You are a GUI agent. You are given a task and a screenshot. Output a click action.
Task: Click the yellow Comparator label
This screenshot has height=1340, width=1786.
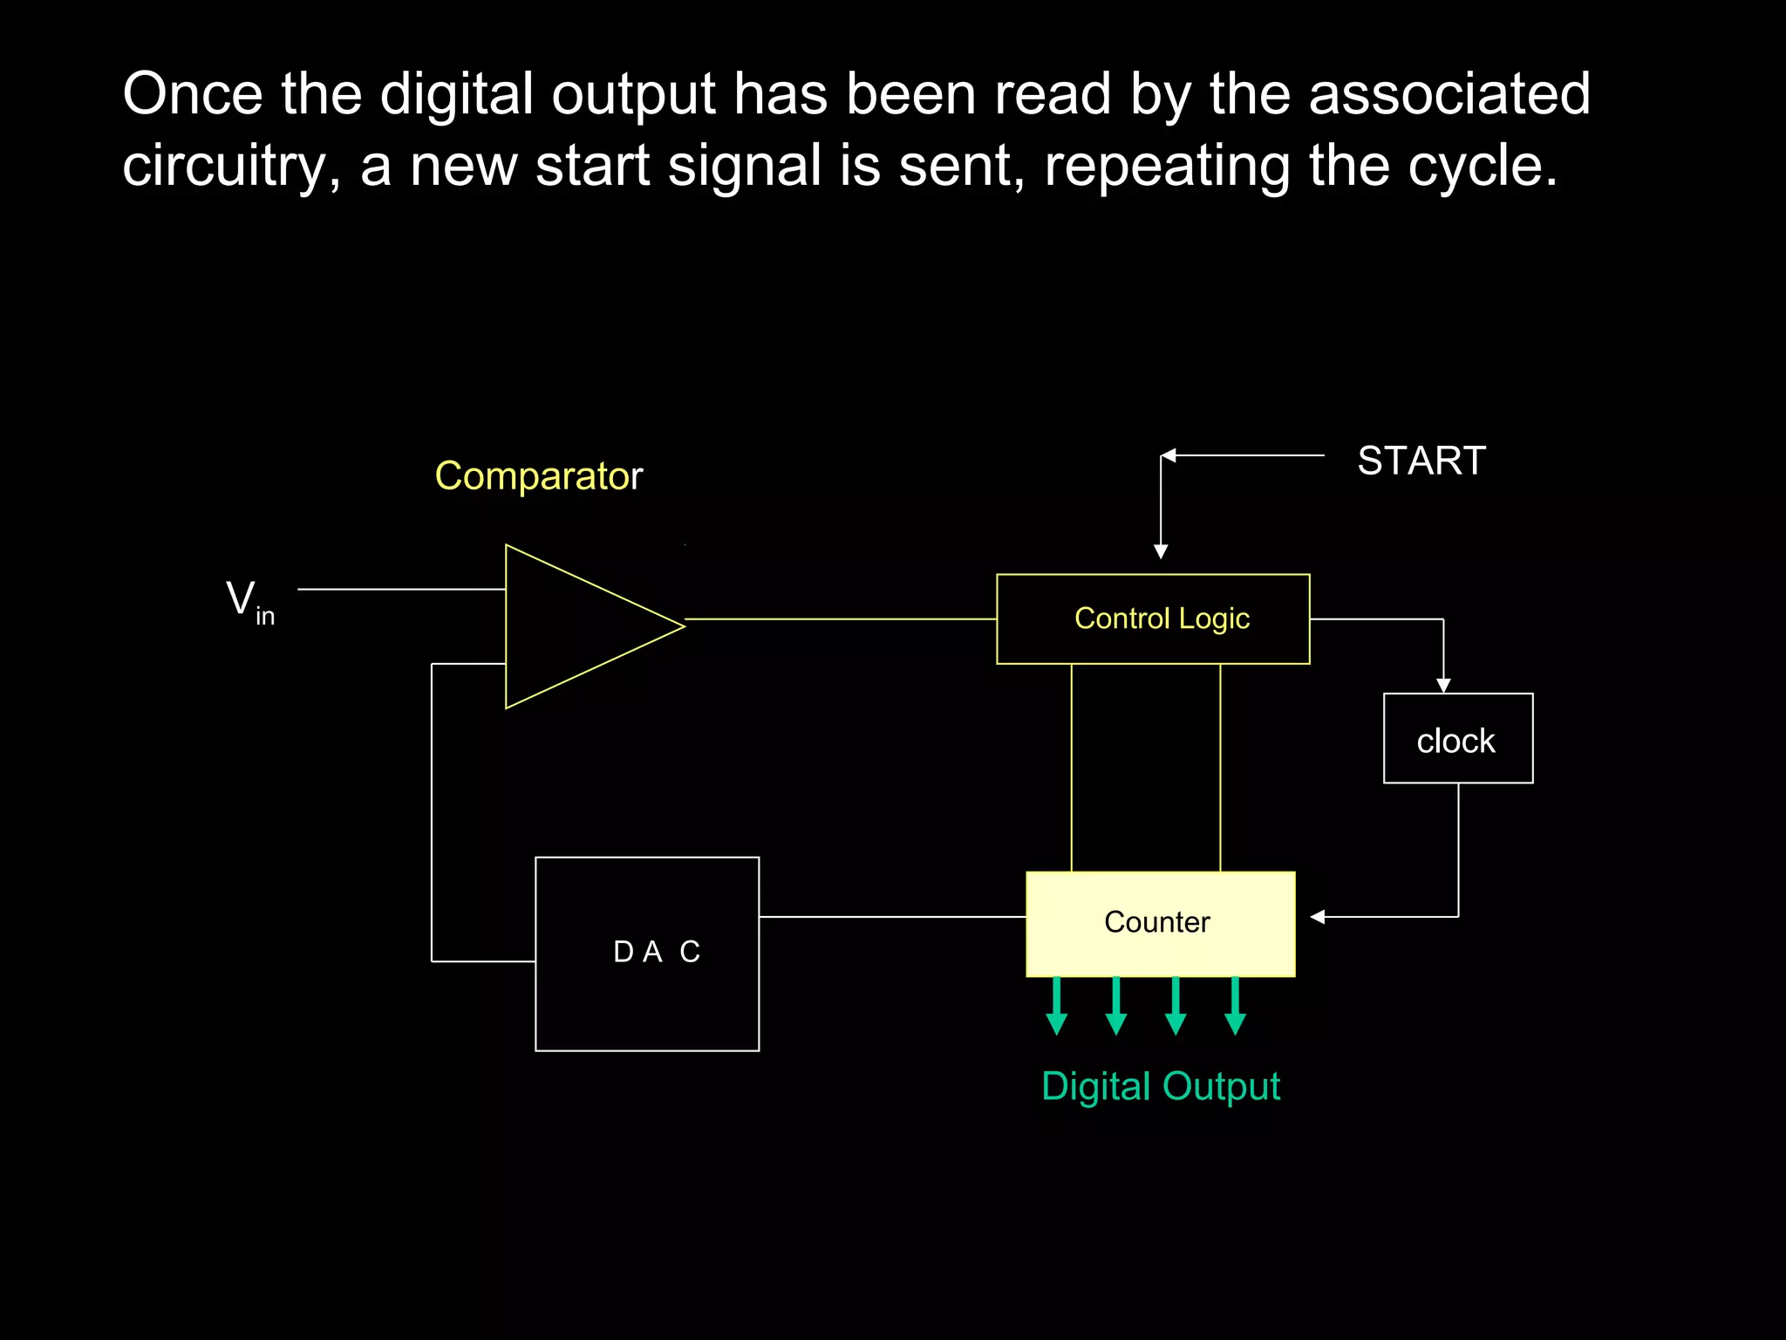pos(538,476)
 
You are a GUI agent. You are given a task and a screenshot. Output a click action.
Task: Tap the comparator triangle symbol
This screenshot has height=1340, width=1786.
pos(576,626)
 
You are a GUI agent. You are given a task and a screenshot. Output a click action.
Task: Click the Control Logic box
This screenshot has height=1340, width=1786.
pos(1153,619)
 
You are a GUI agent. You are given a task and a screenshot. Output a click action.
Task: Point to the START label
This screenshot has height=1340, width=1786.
pos(1421,461)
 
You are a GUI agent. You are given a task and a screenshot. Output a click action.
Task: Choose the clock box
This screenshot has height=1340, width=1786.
pos(1457,739)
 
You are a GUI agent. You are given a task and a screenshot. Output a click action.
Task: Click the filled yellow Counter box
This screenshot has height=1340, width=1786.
pos(1160,923)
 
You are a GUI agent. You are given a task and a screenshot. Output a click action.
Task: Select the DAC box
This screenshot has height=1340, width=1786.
pos(647,954)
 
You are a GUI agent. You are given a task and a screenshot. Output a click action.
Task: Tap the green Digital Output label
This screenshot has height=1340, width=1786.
pos(1160,1087)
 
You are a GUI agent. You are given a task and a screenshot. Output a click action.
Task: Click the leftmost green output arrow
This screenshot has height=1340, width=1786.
pos(1057,1008)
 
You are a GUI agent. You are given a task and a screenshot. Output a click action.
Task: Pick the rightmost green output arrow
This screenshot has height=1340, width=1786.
pos(1235,1008)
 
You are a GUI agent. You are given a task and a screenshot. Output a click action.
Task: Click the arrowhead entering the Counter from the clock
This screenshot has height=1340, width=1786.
pos(1318,917)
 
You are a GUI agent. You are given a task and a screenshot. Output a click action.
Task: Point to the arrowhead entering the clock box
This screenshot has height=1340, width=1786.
pos(1443,686)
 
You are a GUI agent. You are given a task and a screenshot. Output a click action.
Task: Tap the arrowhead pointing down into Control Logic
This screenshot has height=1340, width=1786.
pos(1161,551)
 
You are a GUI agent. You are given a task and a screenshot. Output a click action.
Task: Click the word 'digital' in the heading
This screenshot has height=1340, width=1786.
pos(456,94)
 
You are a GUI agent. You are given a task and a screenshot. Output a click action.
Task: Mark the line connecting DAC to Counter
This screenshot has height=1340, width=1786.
pos(891,917)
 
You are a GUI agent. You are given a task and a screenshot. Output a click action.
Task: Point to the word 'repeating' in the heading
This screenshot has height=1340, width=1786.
pos(1167,166)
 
